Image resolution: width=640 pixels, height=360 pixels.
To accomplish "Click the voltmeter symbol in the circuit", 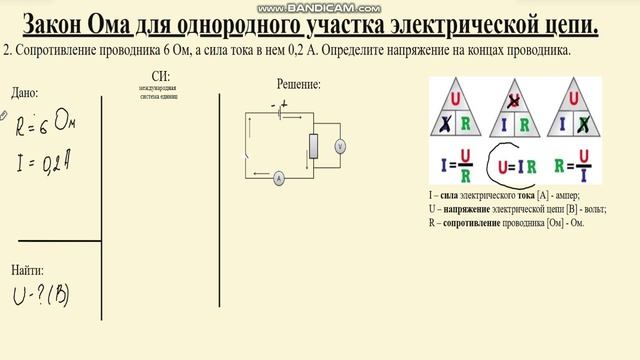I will pos(339,146).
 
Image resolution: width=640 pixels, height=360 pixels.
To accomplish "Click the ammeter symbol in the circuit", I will pos(281,175).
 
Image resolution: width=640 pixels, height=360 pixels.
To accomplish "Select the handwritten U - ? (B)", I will pos(40,294).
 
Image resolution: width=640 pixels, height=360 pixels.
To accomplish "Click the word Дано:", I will pos(25,93).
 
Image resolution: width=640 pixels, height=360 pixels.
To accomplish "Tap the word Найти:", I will pos(28,269).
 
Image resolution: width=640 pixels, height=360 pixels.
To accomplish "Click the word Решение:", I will pos(298,85).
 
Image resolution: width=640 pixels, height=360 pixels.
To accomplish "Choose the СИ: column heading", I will pos(159,76).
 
